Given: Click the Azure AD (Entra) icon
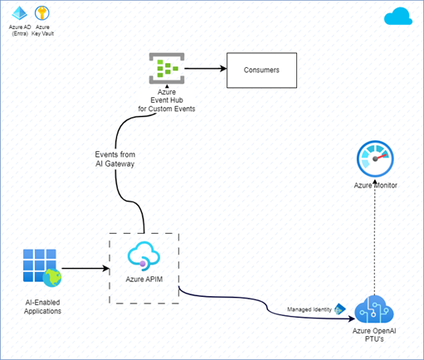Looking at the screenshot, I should [18, 13].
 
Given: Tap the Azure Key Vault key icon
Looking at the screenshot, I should [41, 13].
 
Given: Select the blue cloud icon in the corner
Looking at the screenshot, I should [398, 17].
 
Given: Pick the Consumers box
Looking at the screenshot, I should [261, 71].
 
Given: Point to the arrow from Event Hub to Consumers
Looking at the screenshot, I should [203, 69].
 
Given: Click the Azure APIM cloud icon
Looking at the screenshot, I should [144, 255].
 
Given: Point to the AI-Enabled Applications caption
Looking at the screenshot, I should [42, 305].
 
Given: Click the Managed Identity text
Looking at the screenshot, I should [309, 309].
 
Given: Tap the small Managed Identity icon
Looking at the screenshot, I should [339, 309].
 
